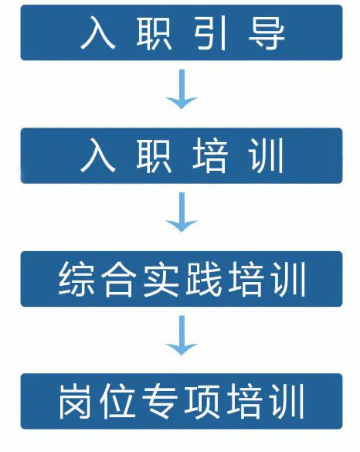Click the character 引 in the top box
point(209,33)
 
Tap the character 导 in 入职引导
point(267,33)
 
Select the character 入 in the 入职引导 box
point(98,33)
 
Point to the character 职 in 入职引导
point(154,33)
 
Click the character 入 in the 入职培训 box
point(98,155)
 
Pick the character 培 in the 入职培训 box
point(210,155)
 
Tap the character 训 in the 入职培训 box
point(266,155)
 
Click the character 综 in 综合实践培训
point(76,279)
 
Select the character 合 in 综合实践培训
point(118,279)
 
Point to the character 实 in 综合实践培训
point(161,279)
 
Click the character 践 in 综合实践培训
point(203,279)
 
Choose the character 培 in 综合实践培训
point(246,279)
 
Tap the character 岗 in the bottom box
point(76,401)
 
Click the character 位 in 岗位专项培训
point(118,401)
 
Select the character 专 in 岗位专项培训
point(161,401)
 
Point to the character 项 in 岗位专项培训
point(203,401)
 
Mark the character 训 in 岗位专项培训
point(287,401)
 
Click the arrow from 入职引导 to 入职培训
point(182,89)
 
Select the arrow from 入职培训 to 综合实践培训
point(182,212)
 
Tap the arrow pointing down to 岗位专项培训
point(182,335)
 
